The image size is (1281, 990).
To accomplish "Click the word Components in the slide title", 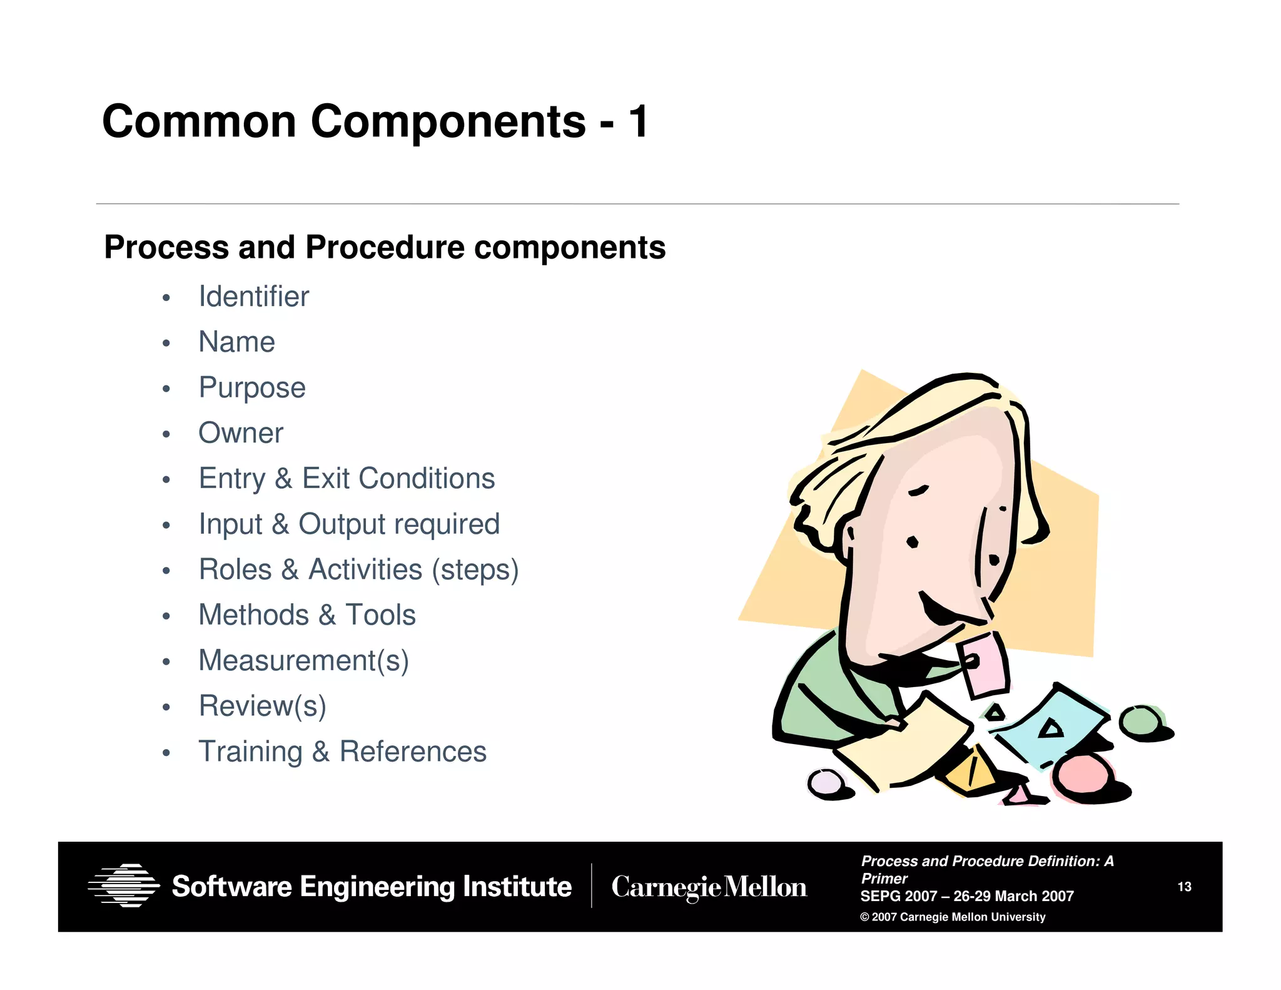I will coord(448,122).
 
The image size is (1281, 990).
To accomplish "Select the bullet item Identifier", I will coord(253,297).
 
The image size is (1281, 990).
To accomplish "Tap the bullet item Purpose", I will coord(251,387).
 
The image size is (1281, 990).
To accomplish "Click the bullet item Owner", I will coord(240,433).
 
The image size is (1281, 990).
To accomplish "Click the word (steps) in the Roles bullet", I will coord(475,570).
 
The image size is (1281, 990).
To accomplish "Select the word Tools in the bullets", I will coord(380,615).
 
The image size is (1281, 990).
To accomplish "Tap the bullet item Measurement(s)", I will coord(303,661).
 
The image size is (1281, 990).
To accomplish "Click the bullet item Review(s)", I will coord(262,707).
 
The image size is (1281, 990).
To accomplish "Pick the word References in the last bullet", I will coord(412,752).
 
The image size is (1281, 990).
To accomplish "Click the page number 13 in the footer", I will coord(1184,887).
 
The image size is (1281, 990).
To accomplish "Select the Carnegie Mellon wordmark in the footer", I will coord(709,887).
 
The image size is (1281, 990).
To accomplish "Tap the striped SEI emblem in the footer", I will coord(123,885).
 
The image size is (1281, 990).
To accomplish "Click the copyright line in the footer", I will coord(952,917).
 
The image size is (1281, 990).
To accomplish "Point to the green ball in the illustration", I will coord(1140,722).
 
